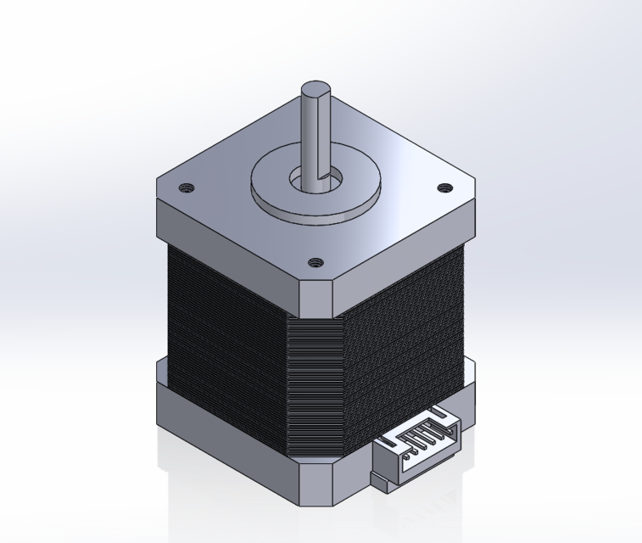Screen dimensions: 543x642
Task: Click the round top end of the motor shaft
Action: click(x=315, y=88)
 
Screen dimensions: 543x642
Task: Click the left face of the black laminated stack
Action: click(x=225, y=339)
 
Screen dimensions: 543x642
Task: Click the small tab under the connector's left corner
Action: click(x=379, y=484)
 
